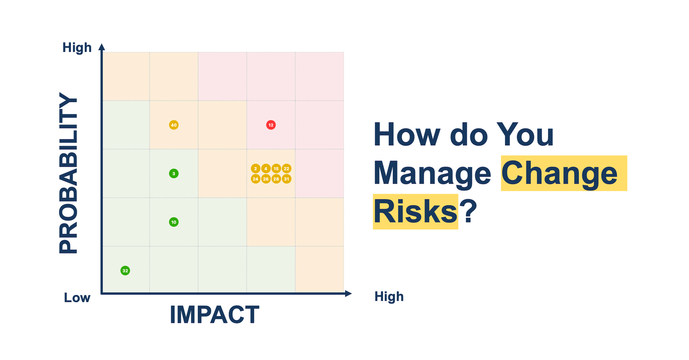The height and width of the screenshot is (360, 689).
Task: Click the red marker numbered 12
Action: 271,125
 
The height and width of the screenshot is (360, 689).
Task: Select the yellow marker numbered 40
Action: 174,125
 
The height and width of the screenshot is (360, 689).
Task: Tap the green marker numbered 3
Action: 174,174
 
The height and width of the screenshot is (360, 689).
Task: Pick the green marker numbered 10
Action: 174,222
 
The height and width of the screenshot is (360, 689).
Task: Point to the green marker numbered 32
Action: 125,271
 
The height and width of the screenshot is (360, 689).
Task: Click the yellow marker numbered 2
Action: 255,169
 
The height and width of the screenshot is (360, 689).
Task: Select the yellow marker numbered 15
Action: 276,169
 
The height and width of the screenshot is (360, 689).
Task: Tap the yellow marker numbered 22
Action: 286,169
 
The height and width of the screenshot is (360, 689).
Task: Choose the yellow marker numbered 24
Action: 255,179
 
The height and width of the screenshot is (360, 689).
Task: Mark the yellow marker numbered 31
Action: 286,179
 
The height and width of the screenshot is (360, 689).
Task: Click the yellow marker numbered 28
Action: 276,179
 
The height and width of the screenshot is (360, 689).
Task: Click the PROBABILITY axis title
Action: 68,173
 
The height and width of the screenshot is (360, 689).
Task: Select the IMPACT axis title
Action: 214,315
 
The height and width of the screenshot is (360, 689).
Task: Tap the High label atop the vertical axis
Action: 77,48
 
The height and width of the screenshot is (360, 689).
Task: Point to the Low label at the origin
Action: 77,298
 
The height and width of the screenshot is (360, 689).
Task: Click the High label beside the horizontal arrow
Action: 389,297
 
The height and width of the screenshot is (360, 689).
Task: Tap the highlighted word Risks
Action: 415,212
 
